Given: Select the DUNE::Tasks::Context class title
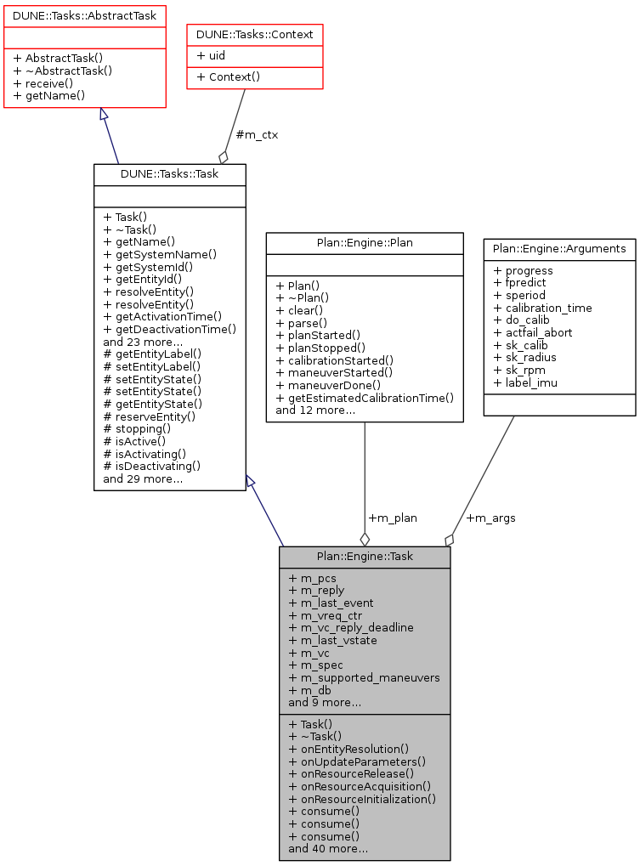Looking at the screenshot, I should pos(255,34).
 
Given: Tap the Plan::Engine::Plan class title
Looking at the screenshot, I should pos(365,243).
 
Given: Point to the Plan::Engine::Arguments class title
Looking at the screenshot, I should pos(559,249).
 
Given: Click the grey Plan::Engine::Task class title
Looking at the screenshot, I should pos(365,557).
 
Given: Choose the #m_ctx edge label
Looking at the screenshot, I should pos(257,134).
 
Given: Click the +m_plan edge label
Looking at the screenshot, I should pos(393,518).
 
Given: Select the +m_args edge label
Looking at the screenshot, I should pos(490,518).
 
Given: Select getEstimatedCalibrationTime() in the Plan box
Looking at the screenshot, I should pos(365,398).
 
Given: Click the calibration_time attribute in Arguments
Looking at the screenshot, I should pos(542,308).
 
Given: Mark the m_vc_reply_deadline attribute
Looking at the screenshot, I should pos(351,627).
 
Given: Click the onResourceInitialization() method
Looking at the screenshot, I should pos(362,799).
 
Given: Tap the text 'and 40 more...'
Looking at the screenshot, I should pos(328,848).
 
